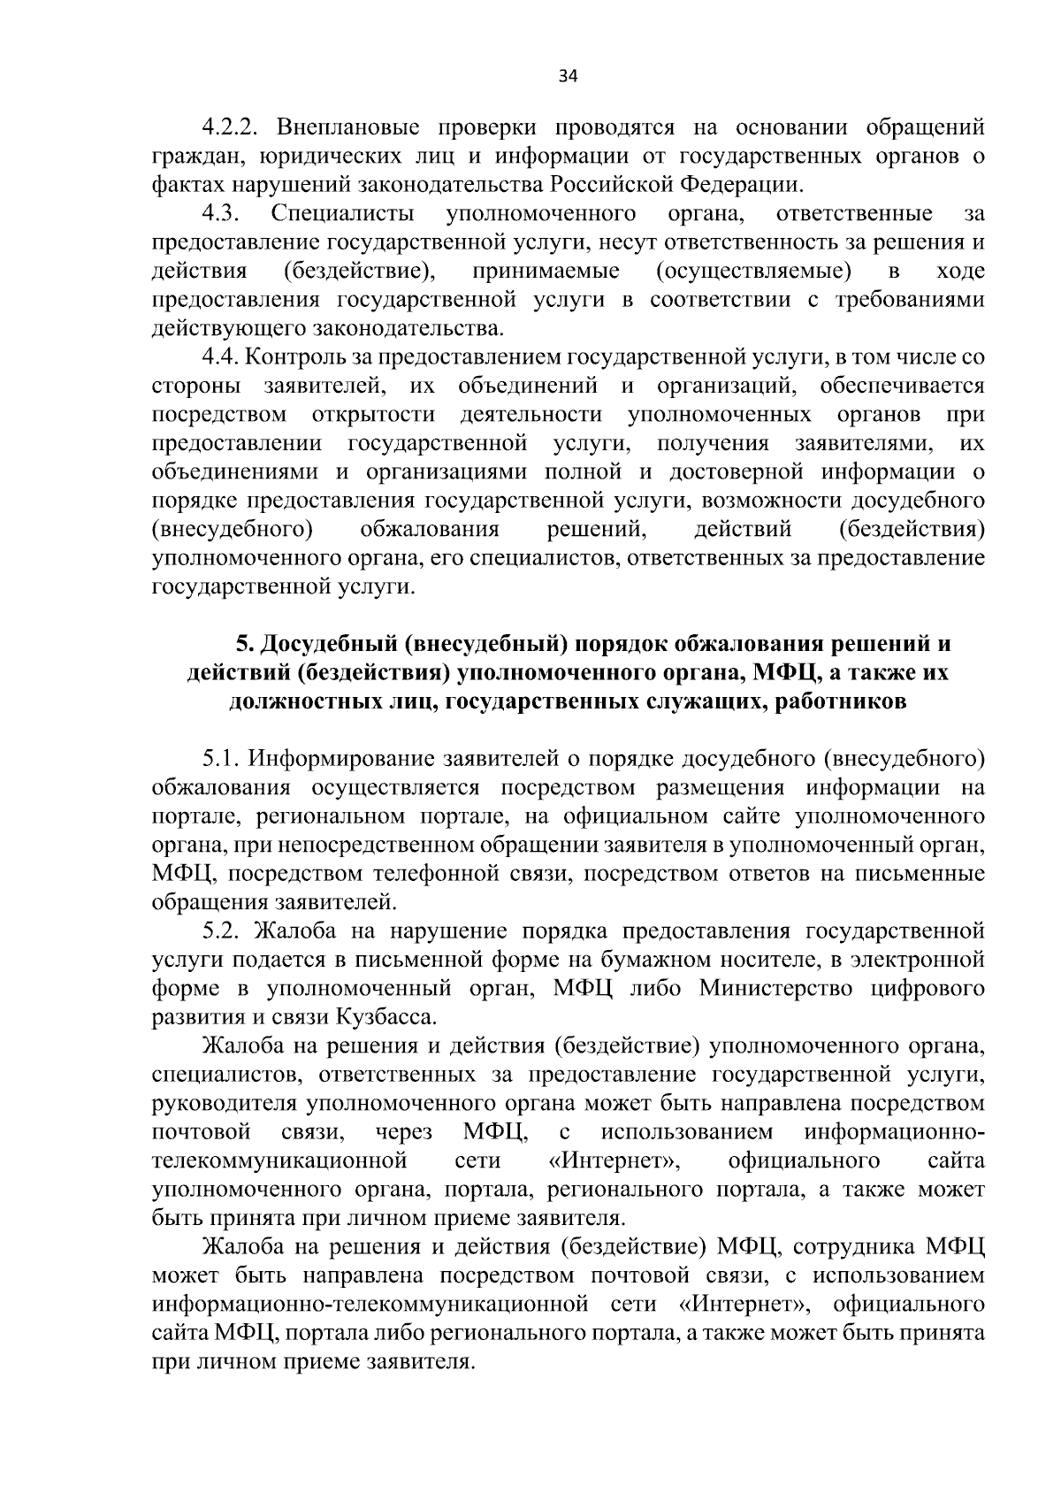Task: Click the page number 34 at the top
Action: tap(568, 76)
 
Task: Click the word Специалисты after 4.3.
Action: tap(343, 213)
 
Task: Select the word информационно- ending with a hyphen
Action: tap(895, 1132)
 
